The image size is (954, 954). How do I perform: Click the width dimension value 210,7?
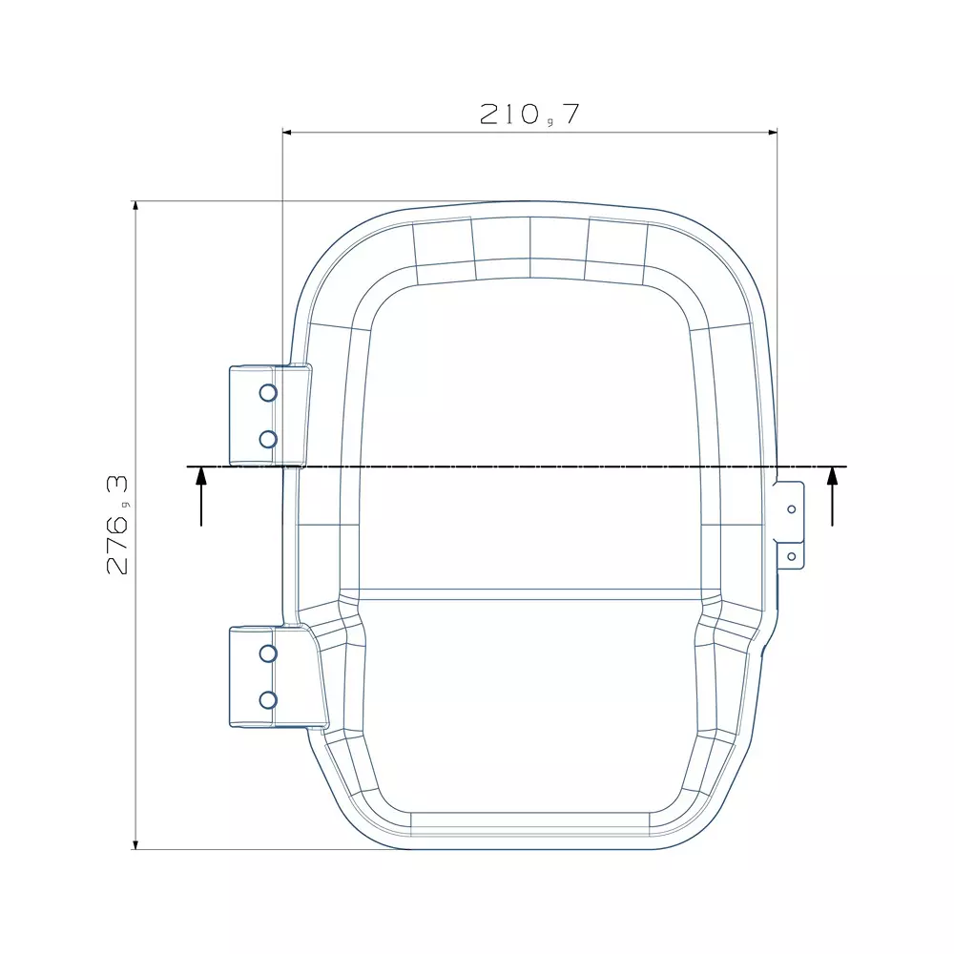[x=529, y=114]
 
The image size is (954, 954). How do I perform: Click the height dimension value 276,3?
[x=118, y=524]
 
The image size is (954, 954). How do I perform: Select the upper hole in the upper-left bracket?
[x=268, y=392]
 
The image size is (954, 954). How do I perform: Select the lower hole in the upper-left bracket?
[x=268, y=439]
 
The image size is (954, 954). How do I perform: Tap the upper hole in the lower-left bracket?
[x=268, y=653]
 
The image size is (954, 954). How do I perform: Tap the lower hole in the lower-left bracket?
[x=268, y=699]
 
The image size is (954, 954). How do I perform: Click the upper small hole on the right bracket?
[x=791, y=508]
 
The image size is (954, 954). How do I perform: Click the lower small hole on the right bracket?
[x=791, y=555]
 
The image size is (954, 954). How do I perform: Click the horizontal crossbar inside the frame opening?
[x=529, y=594]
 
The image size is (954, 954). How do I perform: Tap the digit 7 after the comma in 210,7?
[x=570, y=114]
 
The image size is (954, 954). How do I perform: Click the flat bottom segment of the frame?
[x=529, y=821]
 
